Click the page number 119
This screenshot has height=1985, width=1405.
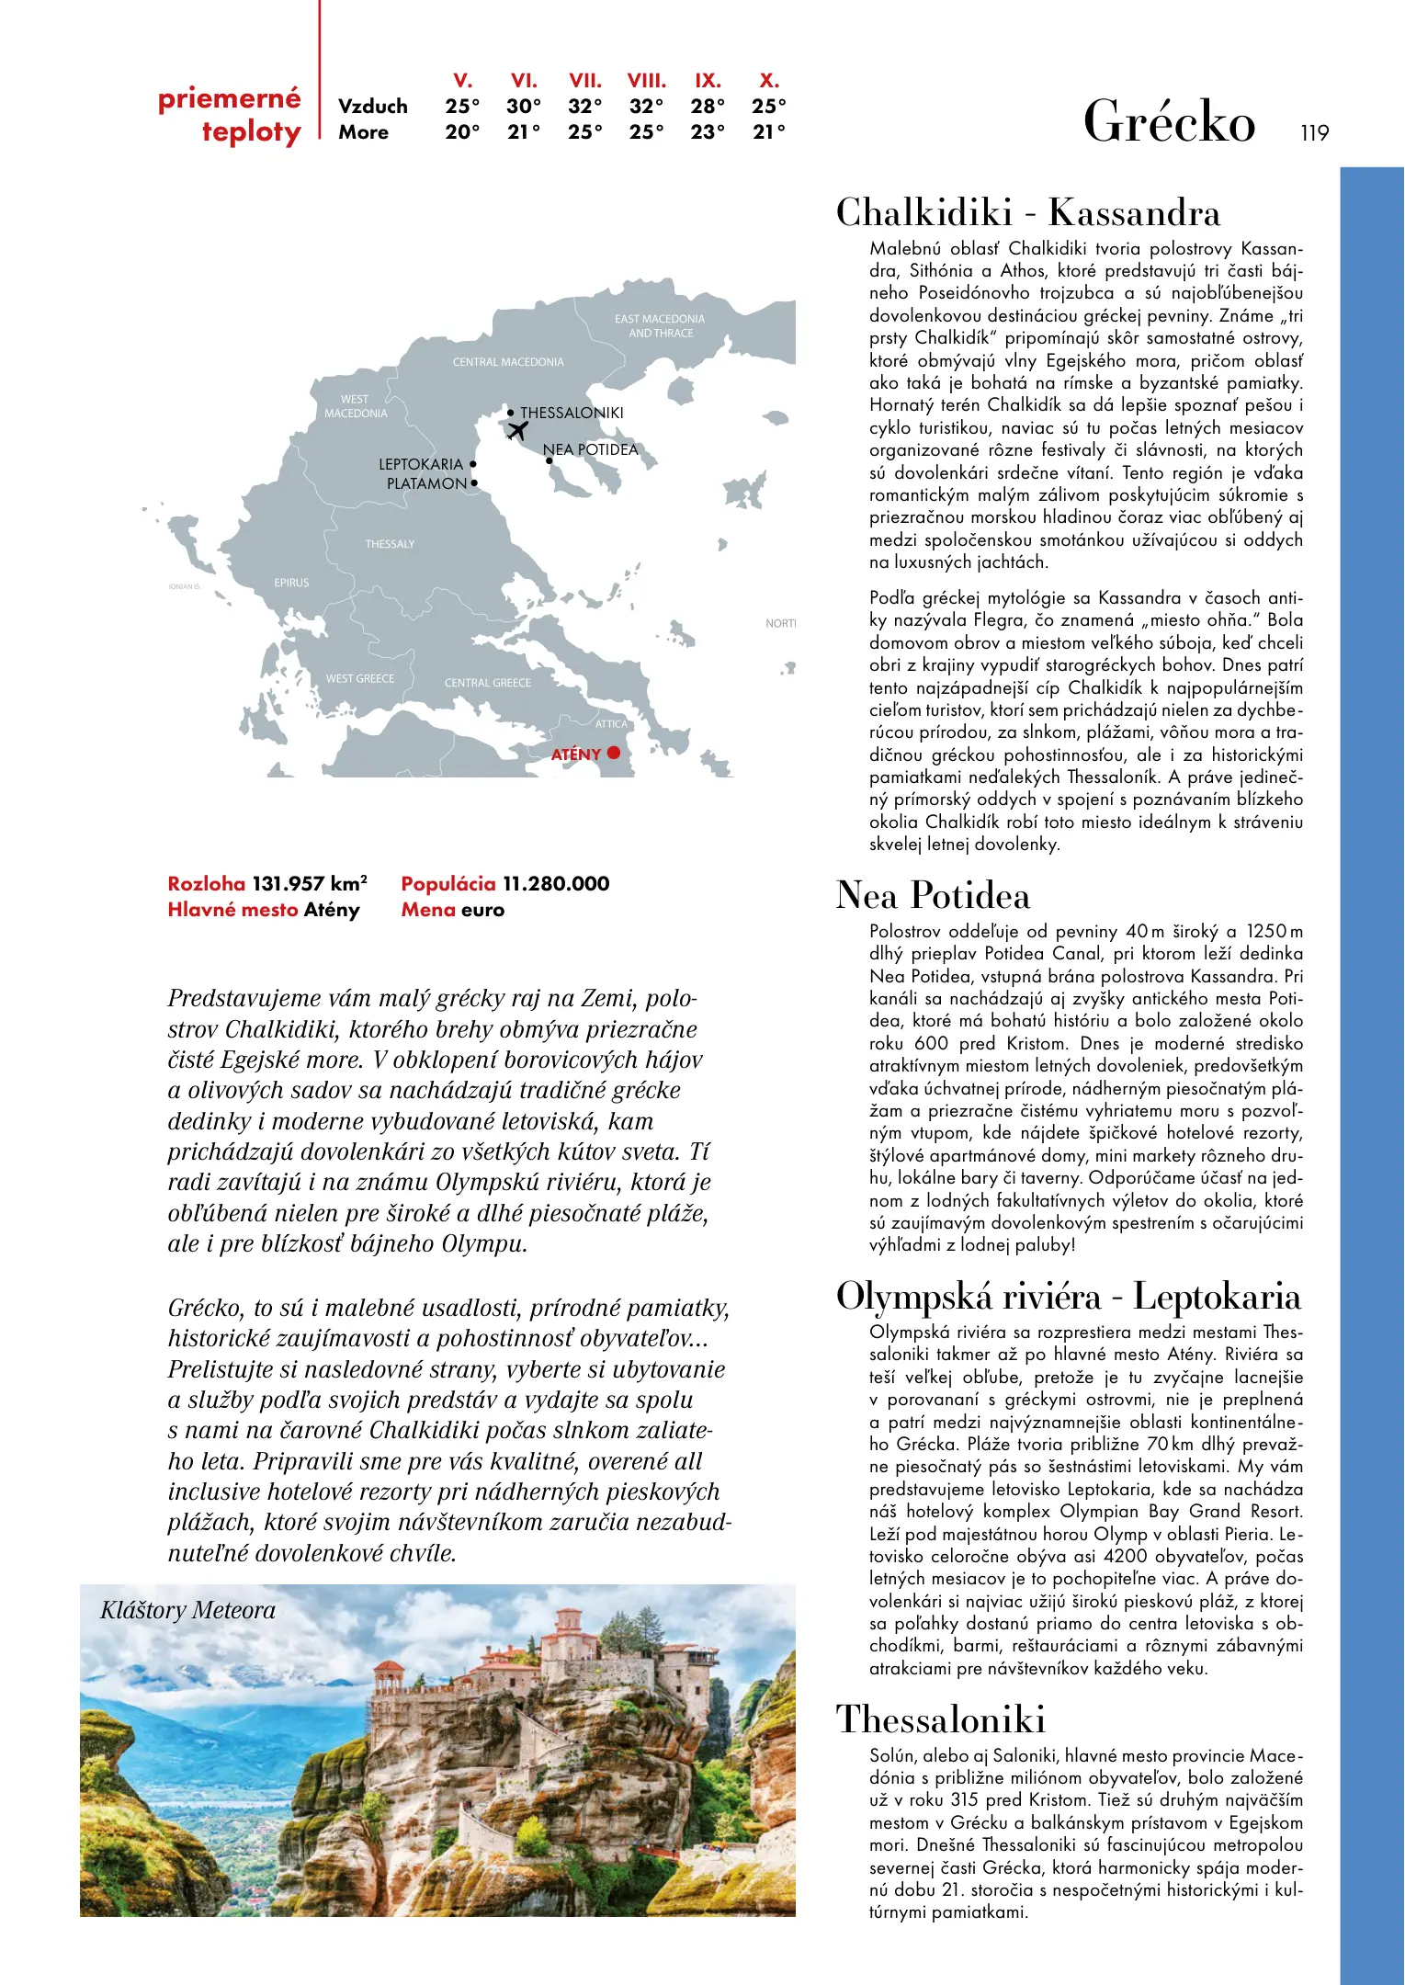[1315, 133]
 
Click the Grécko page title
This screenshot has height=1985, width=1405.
[1169, 122]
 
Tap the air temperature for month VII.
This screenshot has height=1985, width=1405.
[585, 107]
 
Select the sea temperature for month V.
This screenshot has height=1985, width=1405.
[462, 132]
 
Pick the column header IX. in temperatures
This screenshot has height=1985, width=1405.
[708, 81]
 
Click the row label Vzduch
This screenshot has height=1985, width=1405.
[373, 107]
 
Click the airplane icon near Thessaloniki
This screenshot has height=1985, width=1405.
[518, 430]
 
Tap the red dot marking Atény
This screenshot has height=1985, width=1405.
[614, 754]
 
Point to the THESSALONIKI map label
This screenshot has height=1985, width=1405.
[572, 414]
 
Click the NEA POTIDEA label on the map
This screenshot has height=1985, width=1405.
[590, 449]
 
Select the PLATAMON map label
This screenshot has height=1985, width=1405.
[426, 483]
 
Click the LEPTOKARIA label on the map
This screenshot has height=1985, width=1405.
[421, 464]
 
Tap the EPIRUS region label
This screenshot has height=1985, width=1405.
[291, 583]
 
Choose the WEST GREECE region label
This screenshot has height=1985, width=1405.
[360, 678]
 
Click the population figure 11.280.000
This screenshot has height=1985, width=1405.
[556, 884]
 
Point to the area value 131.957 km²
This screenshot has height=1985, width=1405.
[310, 884]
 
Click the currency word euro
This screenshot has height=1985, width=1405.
[482, 910]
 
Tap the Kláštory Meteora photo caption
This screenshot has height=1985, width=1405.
[188, 1610]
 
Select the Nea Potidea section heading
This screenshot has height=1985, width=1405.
[933, 896]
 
